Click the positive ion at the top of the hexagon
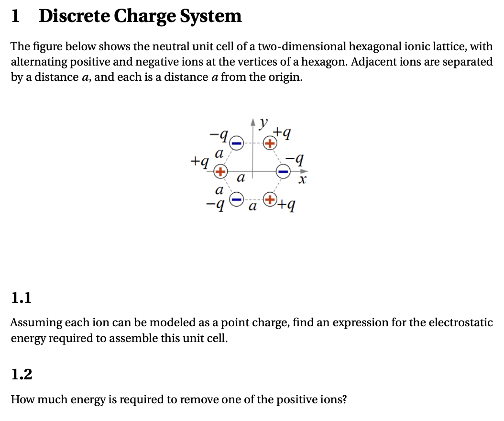coord(270,143)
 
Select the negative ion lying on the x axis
coord(284,171)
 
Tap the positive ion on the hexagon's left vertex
coord(220,171)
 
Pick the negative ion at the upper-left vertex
coord(237,142)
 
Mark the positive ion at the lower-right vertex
coord(270,199)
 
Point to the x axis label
coord(301,181)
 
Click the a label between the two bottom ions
coord(253,207)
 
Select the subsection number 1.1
coord(21,299)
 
